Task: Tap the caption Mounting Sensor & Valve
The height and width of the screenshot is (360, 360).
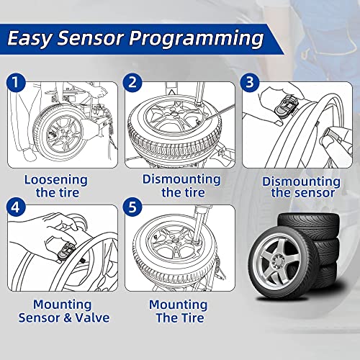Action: click(x=61, y=310)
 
